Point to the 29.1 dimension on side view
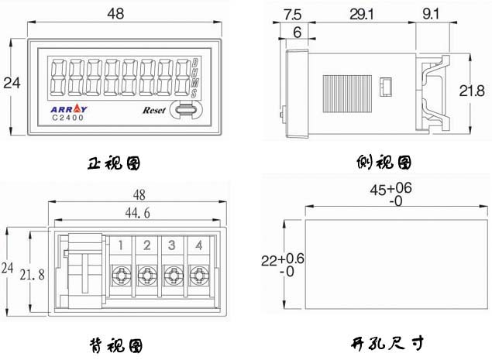click(359, 13)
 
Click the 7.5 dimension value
click(294, 13)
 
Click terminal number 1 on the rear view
click(121, 246)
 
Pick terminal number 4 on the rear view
click(199, 246)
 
